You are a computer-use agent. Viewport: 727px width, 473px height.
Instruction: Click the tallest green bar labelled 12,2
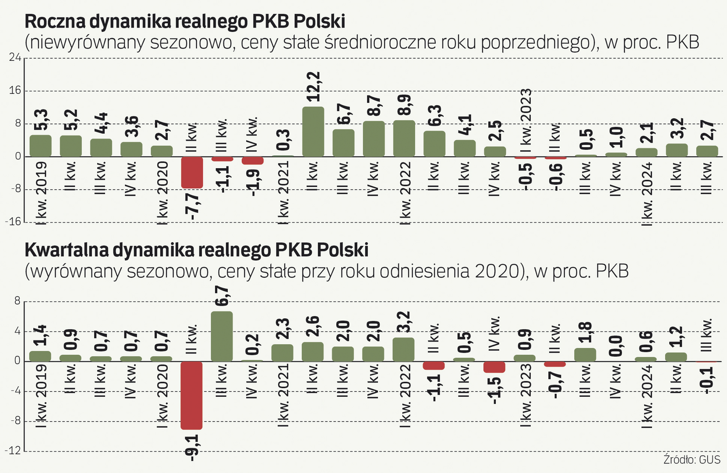point(313,131)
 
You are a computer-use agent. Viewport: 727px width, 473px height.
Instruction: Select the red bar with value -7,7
point(192,172)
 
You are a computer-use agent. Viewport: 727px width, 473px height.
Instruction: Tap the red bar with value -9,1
point(192,395)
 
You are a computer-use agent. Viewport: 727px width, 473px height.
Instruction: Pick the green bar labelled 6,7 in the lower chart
point(222,336)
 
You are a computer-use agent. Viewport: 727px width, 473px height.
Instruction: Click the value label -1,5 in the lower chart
point(494,389)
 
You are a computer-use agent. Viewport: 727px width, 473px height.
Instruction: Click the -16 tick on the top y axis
point(13,222)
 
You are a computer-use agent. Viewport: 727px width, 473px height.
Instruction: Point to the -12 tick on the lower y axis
point(13,451)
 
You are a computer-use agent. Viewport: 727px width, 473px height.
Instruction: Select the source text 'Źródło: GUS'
point(692,459)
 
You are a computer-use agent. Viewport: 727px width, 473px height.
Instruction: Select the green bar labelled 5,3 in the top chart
point(40,145)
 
